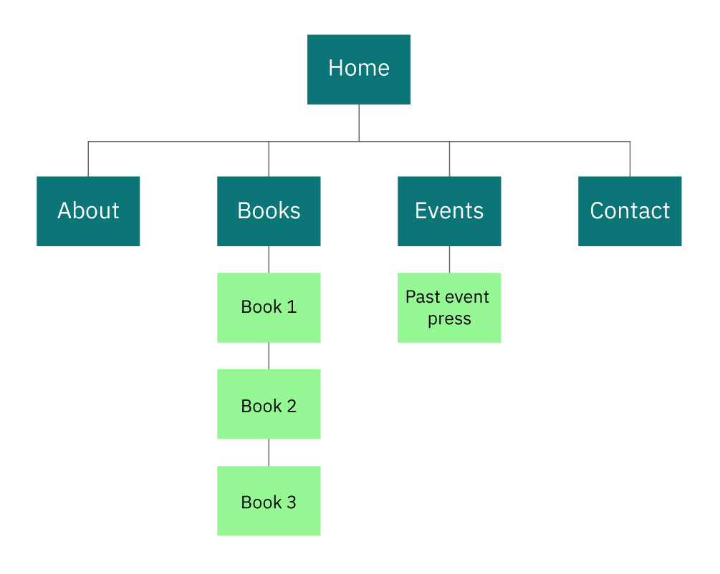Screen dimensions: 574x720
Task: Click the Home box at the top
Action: pos(359,69)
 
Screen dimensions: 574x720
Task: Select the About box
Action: pos(88,211)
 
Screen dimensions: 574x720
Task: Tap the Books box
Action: pos(269,211)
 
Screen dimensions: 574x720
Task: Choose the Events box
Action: pos(449,211)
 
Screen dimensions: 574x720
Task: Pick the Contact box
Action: pos(630,211)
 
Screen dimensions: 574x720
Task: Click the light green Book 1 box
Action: pos(269,307)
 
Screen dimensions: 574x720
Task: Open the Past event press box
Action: pos(449,307)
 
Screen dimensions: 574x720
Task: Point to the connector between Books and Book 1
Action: pos(269,259)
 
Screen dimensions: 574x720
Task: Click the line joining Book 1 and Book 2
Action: pos(269,356)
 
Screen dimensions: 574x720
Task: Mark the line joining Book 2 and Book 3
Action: pos(269,452)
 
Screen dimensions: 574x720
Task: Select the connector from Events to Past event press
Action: pos(449,259)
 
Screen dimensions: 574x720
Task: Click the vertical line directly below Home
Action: pos(359,122)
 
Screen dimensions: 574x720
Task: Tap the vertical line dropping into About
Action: pos(88,159)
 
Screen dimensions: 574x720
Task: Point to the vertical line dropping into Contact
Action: pos(630,159)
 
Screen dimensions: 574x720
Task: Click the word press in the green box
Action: pos(449,319)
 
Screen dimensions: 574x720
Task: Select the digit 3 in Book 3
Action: pos(291,502)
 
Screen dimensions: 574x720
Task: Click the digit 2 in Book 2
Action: pos(291,406)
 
